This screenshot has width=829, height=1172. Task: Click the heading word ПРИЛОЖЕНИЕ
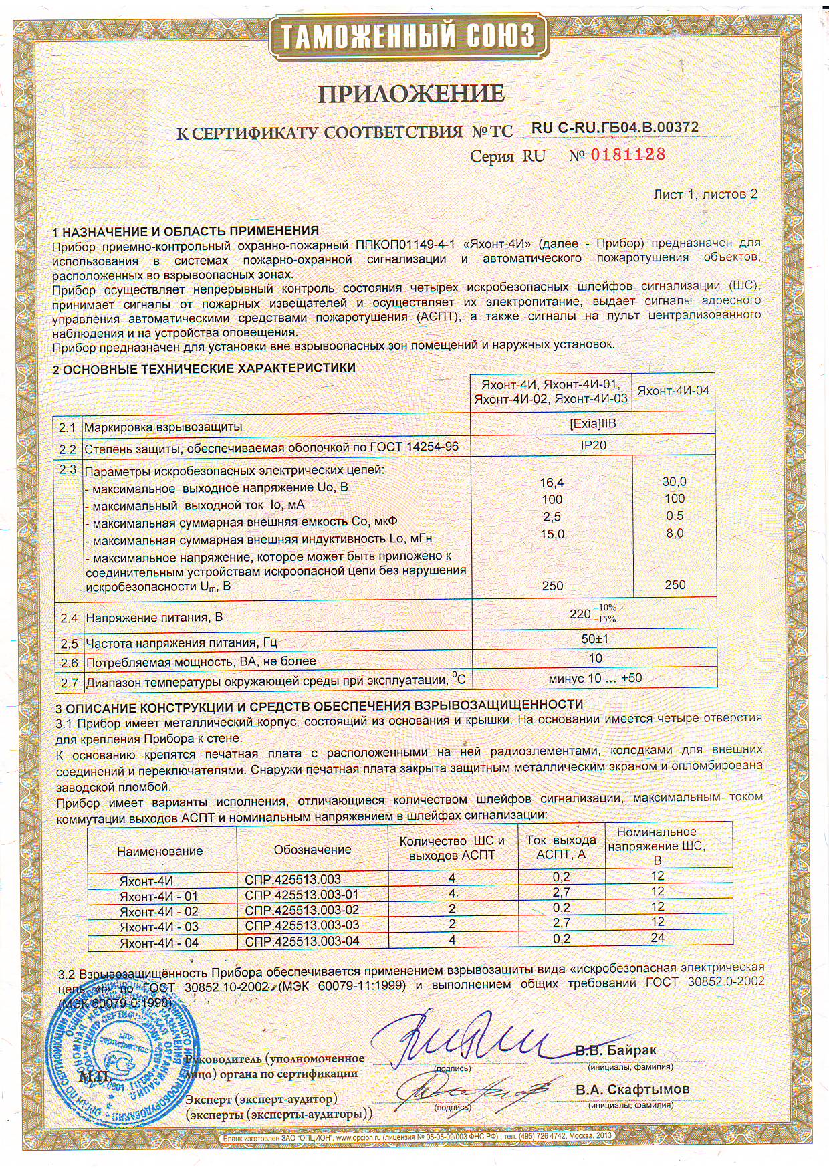410,94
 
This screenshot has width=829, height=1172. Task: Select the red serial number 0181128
626,155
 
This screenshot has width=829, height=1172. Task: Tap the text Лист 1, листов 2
705,195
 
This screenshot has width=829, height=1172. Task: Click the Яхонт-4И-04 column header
673,391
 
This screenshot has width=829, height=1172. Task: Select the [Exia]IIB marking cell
593,425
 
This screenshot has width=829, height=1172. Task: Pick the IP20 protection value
593,445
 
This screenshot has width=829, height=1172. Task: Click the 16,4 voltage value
552,483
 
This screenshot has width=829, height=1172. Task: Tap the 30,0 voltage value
674,481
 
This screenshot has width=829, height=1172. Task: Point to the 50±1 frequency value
595,639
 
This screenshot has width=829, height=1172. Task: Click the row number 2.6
69,663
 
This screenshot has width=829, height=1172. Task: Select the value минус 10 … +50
595,678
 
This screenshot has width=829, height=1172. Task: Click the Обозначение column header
312,850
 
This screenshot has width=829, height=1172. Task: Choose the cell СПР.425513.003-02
302,910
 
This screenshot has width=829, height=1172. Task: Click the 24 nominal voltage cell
657,938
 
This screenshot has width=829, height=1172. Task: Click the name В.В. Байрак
616,1050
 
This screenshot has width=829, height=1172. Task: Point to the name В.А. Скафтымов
632,1090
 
